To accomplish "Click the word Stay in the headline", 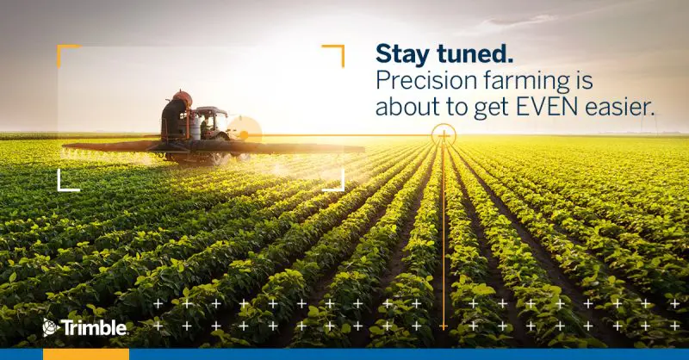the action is click(x=402, y=53).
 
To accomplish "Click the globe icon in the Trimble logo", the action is click(x=50, y=327).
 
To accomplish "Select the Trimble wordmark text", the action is click(x=94, y=328).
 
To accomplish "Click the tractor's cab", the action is click(x=212, y=121).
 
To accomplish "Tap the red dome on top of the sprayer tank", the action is click(x=182, y=97).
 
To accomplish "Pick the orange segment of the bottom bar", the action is click(x=86, y=354).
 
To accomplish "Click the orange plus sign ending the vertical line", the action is click(x=444, y=326).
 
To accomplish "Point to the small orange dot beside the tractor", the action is click(x=244, y=135).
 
